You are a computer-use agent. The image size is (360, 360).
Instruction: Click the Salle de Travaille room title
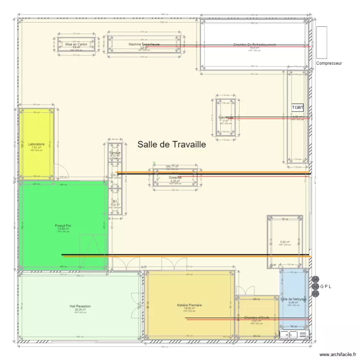[171, 144]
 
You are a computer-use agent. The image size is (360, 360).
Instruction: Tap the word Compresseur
[329, 63]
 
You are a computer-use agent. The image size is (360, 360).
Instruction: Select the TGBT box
[298, 108]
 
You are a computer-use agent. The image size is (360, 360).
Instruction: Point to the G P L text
[326, 287]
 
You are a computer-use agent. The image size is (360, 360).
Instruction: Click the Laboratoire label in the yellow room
[36, 144]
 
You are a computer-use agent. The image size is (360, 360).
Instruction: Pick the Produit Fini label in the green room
[63, 226]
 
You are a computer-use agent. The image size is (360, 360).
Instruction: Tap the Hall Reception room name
[80, 306]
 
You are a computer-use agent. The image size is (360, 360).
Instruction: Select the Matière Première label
[189, 305]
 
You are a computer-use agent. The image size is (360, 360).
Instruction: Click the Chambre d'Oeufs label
[256, 317]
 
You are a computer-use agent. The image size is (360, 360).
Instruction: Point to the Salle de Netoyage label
[294, 300]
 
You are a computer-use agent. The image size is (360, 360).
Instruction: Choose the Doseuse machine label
[175, 178]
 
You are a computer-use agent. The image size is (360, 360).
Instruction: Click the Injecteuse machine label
[226, 117]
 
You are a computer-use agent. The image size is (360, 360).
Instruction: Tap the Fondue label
[115, 153]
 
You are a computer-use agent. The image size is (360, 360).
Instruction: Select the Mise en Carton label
[76, 44]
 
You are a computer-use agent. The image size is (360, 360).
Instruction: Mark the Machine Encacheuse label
[144, 44]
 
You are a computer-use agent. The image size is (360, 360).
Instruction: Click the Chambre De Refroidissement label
[254, 44]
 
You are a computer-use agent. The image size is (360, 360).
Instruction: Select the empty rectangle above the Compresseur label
[322, 41]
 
